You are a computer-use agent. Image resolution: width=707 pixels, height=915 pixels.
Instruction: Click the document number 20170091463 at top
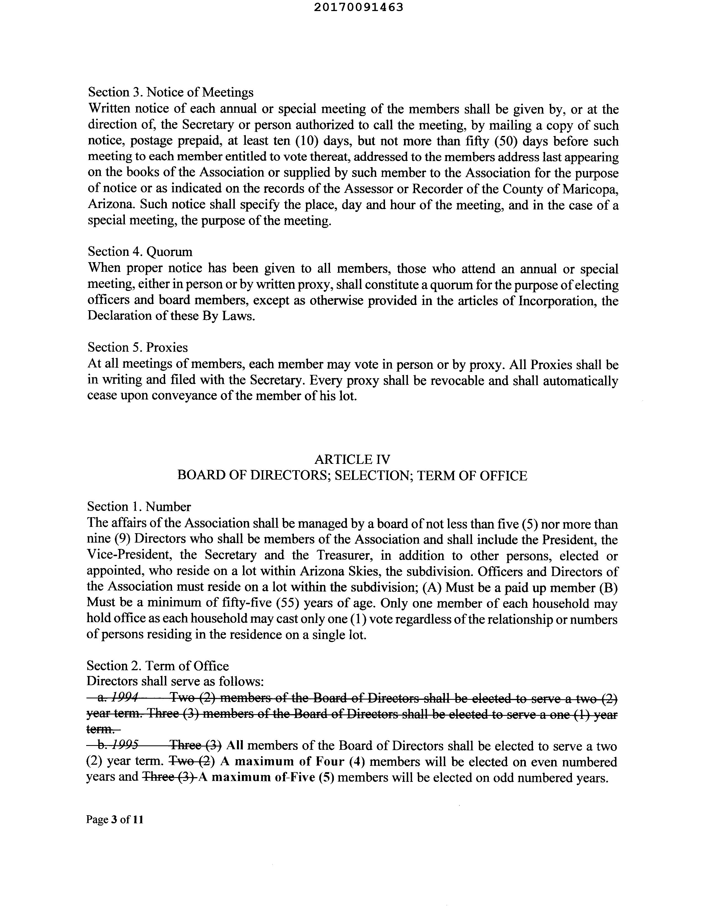point(358,7)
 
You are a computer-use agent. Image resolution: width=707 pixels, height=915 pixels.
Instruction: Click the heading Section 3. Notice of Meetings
point(170,92)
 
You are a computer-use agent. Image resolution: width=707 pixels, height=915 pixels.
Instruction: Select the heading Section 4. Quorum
point(140,252)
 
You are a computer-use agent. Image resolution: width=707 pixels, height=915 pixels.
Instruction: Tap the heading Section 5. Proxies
point(137,347)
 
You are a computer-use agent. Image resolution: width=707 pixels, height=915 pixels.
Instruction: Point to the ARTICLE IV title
point(352,460)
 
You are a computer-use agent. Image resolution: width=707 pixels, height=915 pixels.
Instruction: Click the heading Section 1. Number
point(139,507)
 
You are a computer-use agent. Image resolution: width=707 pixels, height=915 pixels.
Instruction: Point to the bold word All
point(234,745)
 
